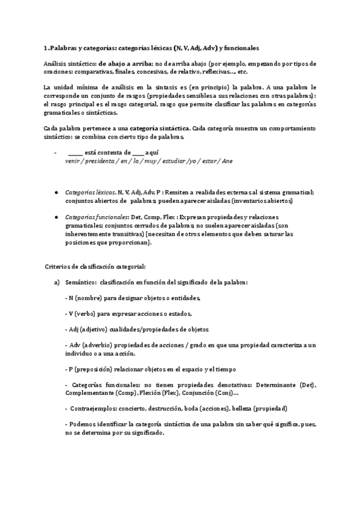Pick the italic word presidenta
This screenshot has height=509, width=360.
(99, 161)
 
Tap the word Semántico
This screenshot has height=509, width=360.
(80, 282)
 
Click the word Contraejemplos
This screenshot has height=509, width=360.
(93, 408)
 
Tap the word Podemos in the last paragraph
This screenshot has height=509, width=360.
(81, 424)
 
